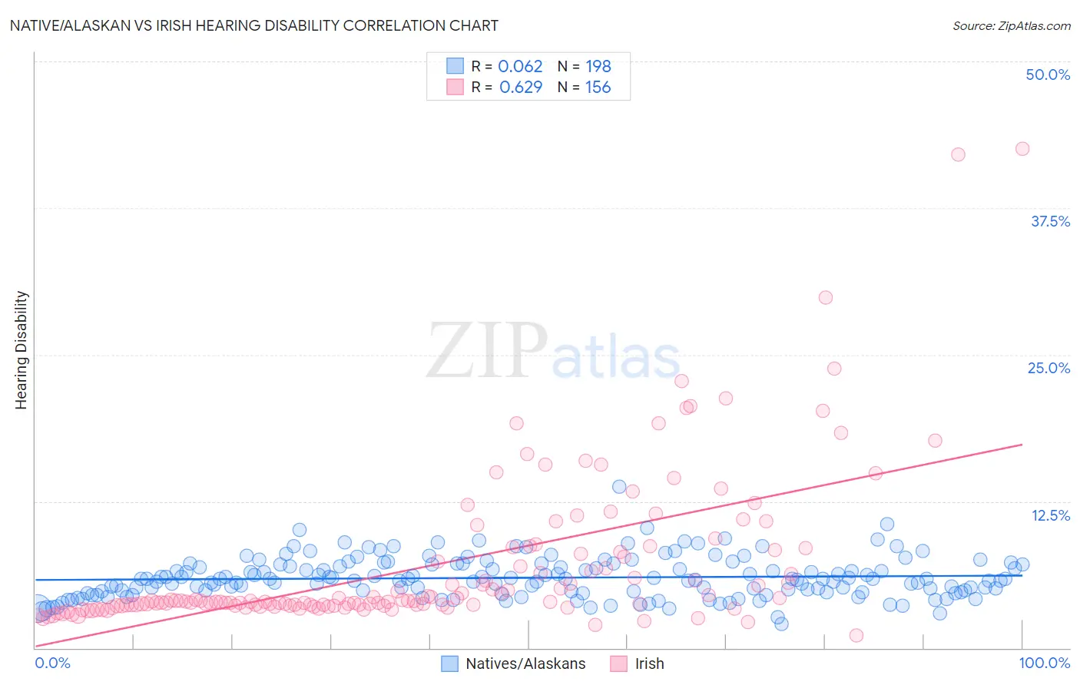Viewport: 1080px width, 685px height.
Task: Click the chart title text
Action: point(253,25)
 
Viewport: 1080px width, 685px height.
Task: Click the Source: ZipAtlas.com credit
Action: point(1011,25)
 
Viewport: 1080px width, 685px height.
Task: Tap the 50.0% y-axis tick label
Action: point(1048,74)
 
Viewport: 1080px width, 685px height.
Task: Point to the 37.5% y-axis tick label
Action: point(1050,221)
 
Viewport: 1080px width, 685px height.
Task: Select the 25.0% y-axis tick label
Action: point(1049,368)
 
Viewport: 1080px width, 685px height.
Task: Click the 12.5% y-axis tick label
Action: point(1050,515)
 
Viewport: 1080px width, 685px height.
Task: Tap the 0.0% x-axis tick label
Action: point(52,663)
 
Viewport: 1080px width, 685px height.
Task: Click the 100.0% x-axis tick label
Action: point(1044,663)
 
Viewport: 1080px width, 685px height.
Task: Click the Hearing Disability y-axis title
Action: point(22,349)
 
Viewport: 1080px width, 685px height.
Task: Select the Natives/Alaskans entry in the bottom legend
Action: point(525,663)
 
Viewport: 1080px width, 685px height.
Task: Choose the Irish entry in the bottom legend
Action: point(649,663)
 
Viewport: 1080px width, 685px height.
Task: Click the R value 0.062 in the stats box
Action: point(520,67)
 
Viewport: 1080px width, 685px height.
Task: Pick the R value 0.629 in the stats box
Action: point(521,88)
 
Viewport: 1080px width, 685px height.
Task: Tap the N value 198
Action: point(598,67)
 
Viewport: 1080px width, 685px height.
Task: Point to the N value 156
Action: point(598,88)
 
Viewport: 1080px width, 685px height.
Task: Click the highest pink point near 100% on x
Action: point(1022,149)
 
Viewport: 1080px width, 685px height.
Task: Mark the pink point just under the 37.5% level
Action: point(825,297)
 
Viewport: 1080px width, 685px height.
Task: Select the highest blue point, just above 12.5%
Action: point(619,486)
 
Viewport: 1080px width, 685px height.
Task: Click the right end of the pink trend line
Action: point(1022,445)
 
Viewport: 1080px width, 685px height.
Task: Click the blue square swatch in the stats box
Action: point(456,67)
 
